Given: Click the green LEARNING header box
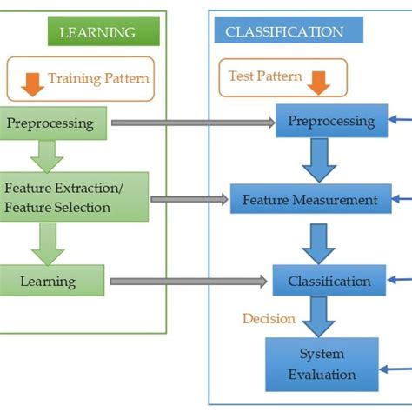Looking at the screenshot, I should click(103, 33).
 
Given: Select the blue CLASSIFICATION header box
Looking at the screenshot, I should click(284, 33).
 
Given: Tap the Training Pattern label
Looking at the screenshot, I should click(98, 78).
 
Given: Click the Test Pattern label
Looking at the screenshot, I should click(265, 76).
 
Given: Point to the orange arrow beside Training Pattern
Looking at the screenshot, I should click(32, 80).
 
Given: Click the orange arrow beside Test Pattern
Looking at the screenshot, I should click(320, 81).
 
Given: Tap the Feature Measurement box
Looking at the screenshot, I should click(309, 200).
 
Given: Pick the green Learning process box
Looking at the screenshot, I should click(52, 281).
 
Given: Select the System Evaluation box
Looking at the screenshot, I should click(321, 364).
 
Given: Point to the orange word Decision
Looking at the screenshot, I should click(268, 318).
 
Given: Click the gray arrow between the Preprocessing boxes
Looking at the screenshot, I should click(191, 123).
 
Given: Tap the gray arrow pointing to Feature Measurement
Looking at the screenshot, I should click(189, 200).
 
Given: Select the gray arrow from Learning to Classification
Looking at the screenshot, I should click(186, 281).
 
